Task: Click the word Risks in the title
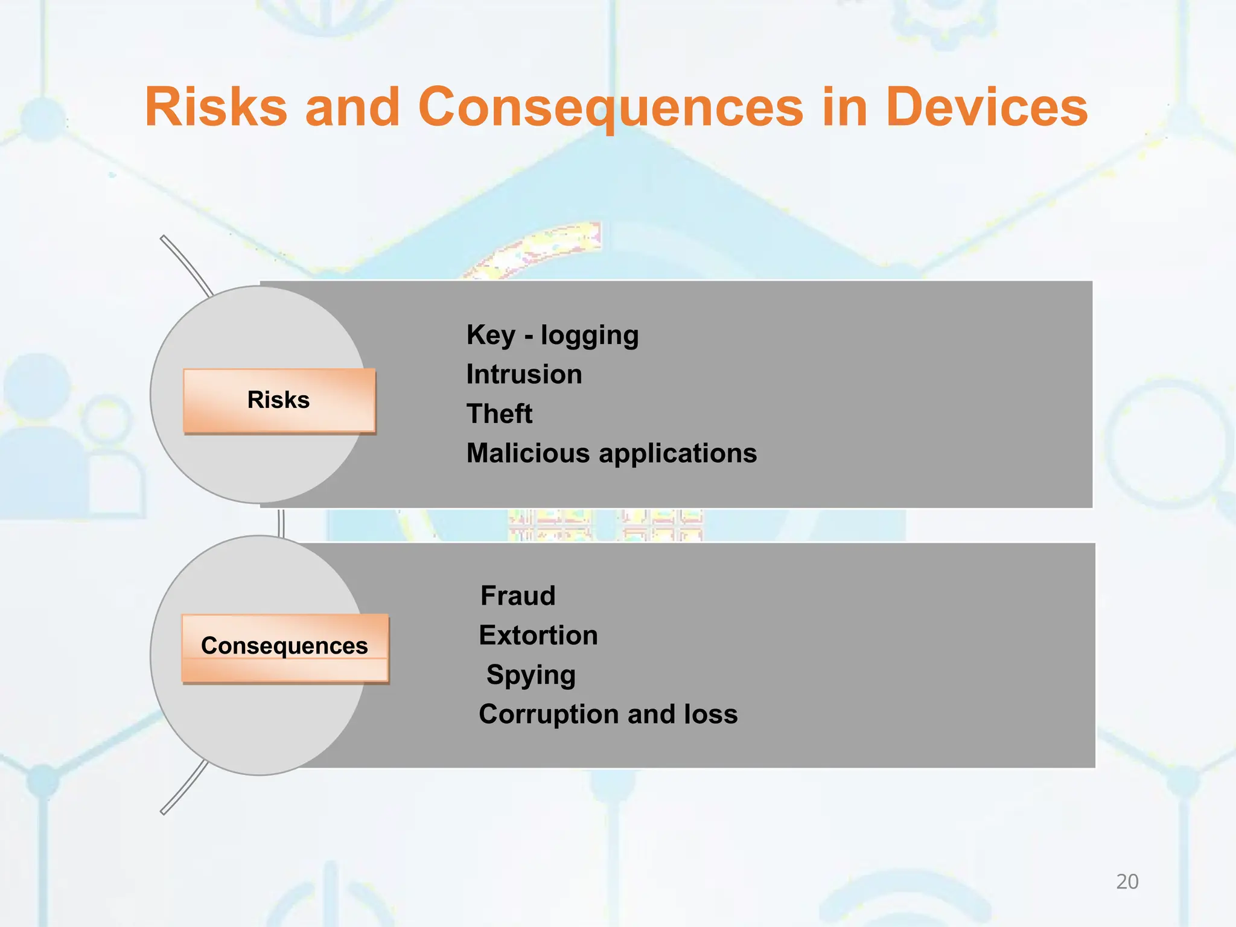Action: (216, 107)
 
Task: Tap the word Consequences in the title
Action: (610, 107)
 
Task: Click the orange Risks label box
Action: (279, 401)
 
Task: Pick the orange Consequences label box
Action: (285, 648)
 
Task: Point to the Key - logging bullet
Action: (552, 336)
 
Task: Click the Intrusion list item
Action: (524, 375)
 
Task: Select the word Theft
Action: (499, 414)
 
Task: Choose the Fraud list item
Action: (518, 596)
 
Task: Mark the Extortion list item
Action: (538, 636)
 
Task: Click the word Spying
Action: (530, 675)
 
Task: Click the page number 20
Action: (1127, 882)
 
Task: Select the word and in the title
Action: (352, 107)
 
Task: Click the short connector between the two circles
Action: (281, 522)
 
